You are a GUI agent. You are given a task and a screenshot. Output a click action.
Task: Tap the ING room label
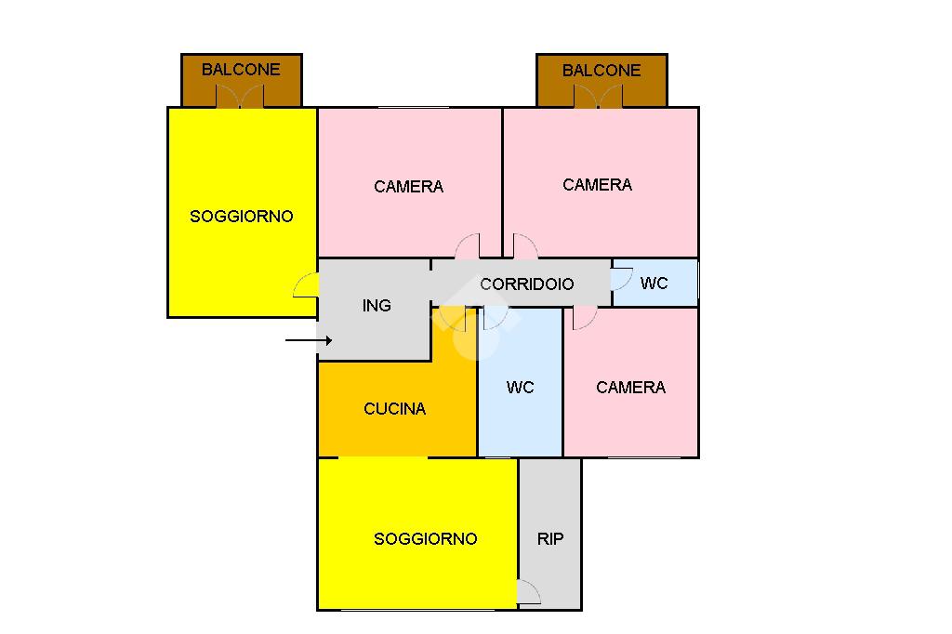377,305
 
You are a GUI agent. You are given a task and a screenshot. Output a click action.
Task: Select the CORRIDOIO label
527,284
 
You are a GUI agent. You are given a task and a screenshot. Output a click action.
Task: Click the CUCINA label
395,408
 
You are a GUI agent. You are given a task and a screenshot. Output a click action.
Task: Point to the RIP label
550,538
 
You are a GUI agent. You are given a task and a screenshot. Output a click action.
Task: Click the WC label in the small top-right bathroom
654,283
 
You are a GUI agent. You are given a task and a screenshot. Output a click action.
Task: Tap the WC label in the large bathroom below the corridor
521,387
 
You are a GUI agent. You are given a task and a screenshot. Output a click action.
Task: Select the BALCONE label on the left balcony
241,69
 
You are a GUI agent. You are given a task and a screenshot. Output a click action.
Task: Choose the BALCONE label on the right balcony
602,70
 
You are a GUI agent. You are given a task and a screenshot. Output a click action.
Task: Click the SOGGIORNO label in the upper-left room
242,216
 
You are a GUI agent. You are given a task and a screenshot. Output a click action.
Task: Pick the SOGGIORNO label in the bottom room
426,538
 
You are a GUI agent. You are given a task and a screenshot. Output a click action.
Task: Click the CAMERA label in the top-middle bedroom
409,186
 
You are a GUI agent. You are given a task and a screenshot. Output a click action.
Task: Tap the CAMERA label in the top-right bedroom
598,184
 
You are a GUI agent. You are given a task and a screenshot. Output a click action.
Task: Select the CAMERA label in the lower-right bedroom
631,387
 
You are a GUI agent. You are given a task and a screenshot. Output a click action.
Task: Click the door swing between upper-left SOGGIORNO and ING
306,286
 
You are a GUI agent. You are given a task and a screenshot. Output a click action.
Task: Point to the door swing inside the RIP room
528,593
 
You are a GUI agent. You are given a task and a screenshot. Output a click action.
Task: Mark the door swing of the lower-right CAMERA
585,317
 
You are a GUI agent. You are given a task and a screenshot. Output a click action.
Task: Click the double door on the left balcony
241,96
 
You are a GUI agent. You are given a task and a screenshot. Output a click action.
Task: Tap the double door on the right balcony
598,97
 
